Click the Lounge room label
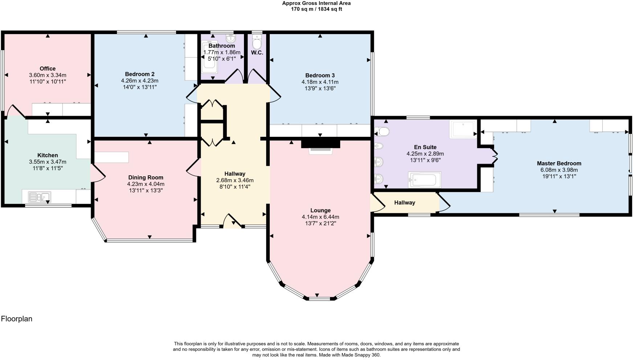click(x=320, y=210)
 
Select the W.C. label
click(x=257, y=53)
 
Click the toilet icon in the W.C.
click(x=257, y=42)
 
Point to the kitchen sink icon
click(x=40, y=197)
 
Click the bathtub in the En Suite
click(x=424, y=180)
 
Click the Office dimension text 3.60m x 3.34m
click(x=48, y=75)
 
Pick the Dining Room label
click(x=146, y=177)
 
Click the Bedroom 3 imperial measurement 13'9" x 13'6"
click(x=320, y=88)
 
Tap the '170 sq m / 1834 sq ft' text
click(x=316, y=9)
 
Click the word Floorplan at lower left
click(x=17, y=319)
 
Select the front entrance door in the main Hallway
click(x=232, y=221)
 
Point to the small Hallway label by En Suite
click(x=404, y=202)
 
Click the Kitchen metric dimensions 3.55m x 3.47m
click(x=48, y=162)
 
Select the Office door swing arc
click(x=15, y=111)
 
